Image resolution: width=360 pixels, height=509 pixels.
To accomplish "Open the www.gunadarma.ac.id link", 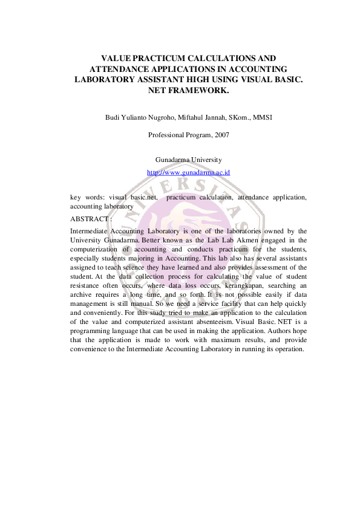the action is coord(188,172).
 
